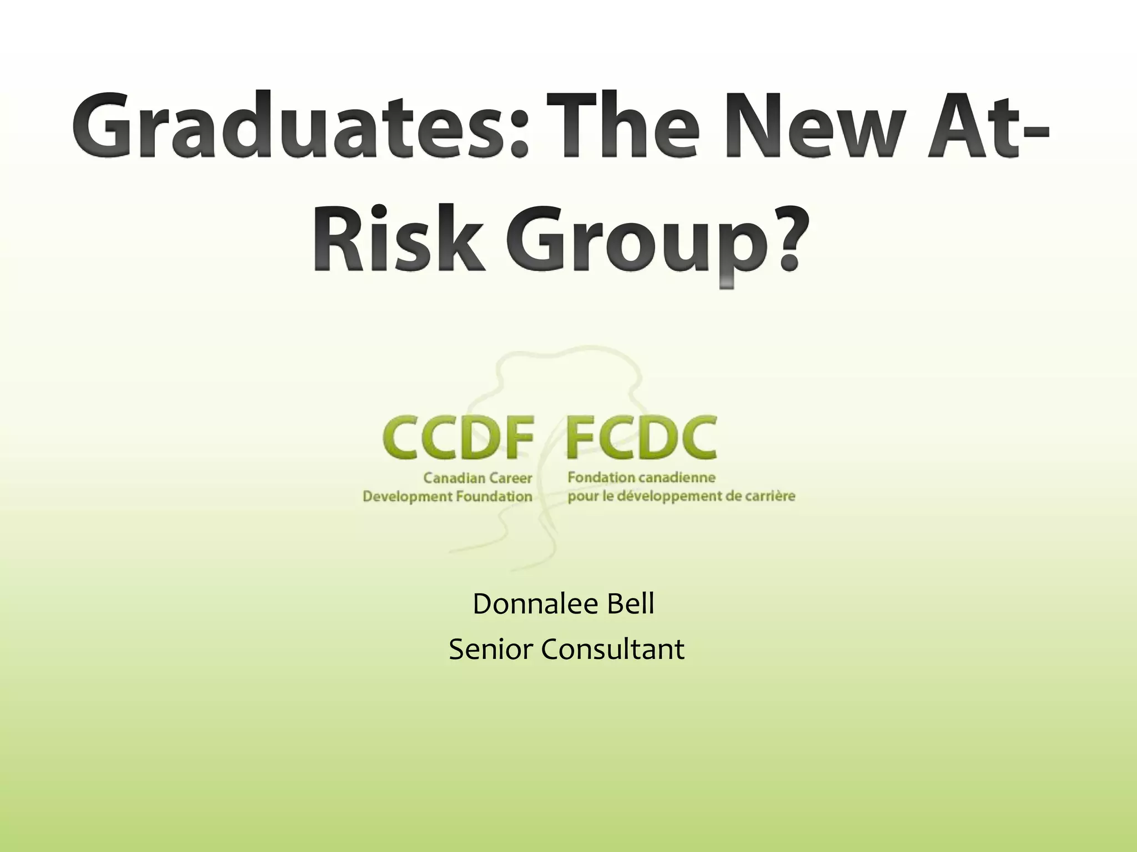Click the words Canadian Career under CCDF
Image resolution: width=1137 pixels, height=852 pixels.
pos(477,478)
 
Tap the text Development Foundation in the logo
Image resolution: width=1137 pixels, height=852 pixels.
pos(447,496)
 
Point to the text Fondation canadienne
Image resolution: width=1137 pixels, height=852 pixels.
pos(641,477)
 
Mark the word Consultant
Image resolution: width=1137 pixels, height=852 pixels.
pos(613,650)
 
